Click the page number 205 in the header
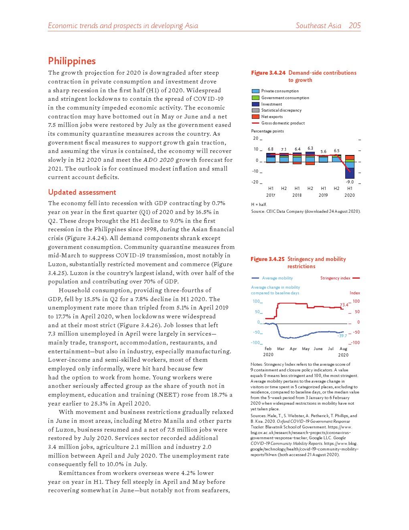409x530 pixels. coord(354,26)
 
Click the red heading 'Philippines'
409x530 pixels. coord(72,61)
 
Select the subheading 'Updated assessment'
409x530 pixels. coord(82,192)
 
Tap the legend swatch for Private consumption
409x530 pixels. coord(255,91)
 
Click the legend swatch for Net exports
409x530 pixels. coord(255,117)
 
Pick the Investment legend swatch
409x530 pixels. coord(255,104)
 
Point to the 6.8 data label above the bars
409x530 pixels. coord(271,149)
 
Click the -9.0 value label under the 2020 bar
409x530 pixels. coord(350,182)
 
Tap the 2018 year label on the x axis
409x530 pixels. coord(297,196)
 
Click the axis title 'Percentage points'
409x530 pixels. coord(267,131)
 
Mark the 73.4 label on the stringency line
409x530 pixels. coord(344,305)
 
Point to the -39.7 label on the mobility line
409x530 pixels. coord(342,336)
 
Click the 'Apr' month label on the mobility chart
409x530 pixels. coord(293,349)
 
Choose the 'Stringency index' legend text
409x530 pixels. coord(335,278)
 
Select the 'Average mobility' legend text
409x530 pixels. coord(277,278)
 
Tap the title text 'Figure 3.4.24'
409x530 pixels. coord(268,73)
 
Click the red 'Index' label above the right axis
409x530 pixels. coord(354,293)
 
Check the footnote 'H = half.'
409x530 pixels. coord(259,204)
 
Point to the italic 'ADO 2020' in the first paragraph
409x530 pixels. coord(158,160)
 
